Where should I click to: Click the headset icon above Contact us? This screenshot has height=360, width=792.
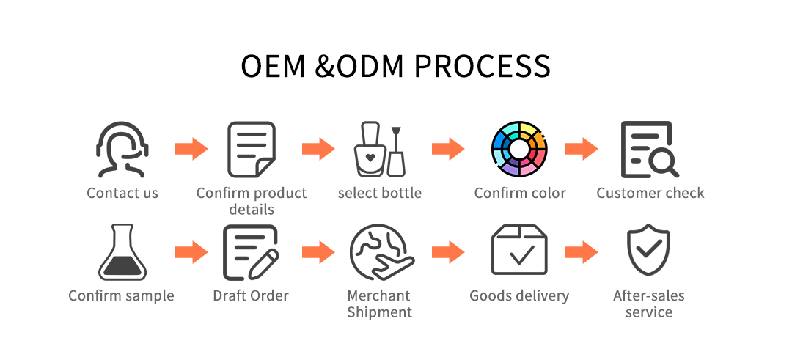coord(122,150)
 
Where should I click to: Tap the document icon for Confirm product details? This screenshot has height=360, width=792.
coord(251,150)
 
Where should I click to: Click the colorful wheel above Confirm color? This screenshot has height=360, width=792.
coord(519,150)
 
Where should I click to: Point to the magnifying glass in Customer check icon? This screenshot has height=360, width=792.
coord(663,164)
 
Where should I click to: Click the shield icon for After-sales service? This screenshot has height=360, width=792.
coord(648,251)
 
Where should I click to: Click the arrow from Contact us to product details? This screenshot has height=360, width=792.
coord(191,149)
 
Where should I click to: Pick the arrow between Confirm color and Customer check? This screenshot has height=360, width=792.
coord(582,149)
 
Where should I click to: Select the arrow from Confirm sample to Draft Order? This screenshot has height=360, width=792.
coord(191,252)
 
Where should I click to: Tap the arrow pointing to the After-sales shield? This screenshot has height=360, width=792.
coord(582,252)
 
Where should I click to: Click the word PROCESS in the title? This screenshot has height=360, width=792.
coord(482,66)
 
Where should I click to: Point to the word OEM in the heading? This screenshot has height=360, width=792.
coord(273,66)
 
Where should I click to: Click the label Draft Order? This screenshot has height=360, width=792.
coord(251,295)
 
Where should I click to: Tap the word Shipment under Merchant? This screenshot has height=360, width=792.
coord(379,312)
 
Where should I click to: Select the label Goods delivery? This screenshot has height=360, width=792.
coord(519,296)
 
